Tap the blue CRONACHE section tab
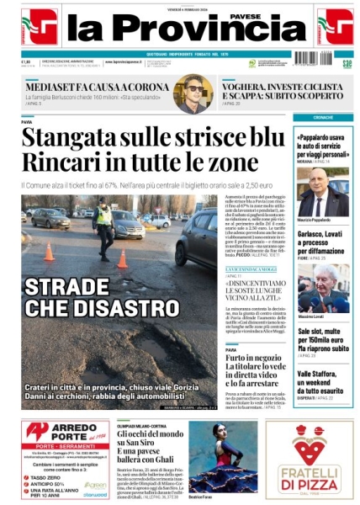pyautogui.click(x=323, y=117)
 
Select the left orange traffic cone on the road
pyautogui.click(x=49, y=252)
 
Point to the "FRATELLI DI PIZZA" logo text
pyautogui.click(x=310, y=483)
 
